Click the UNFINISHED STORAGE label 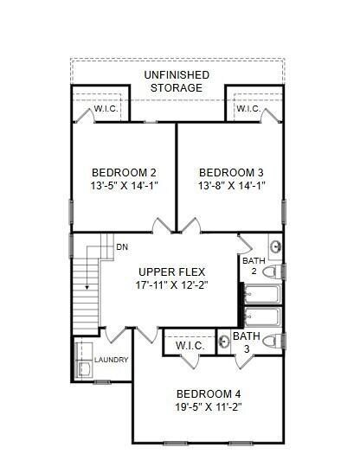(176, 81)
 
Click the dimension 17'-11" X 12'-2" (172, 284)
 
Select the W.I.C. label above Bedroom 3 (247, 109)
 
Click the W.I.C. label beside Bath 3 (190, 346)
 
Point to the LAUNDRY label (111, 360)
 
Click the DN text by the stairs (122, 247)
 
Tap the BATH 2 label (254, 265)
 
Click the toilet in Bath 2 (271, 272)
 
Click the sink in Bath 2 (275, 246)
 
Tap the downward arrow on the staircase (87, 285)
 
